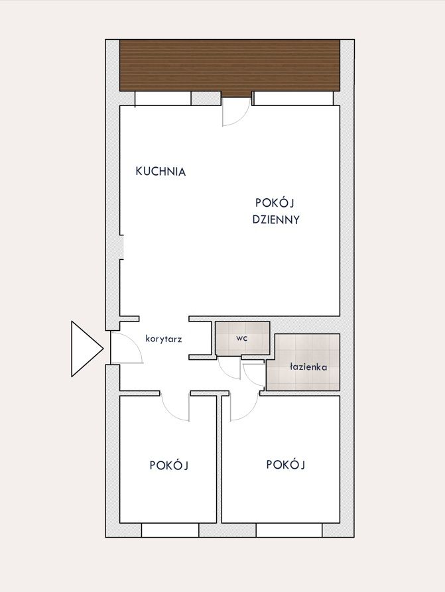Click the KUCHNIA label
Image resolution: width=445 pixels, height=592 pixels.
click(160, 172)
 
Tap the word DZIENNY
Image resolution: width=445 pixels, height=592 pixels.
click(276, 219)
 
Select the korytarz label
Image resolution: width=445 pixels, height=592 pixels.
click(164, 339)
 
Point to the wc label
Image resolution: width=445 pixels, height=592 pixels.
click(242, 338)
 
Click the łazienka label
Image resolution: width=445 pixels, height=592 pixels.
click(308, 367)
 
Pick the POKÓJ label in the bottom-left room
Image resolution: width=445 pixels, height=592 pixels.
click(169, 465)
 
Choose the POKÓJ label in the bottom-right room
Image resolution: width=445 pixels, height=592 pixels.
click(286, 464)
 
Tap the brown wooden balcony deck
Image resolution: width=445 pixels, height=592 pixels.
click(229, 65)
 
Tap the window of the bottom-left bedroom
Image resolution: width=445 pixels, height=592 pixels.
click(170, 530)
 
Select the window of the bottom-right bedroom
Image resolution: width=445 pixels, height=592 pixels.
click(289, 530)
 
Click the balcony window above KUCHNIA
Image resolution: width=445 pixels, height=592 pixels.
click(163, 98)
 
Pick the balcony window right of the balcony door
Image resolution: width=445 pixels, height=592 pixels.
click(293, 98)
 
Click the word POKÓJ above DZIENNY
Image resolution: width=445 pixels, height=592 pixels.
click(275, 203)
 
